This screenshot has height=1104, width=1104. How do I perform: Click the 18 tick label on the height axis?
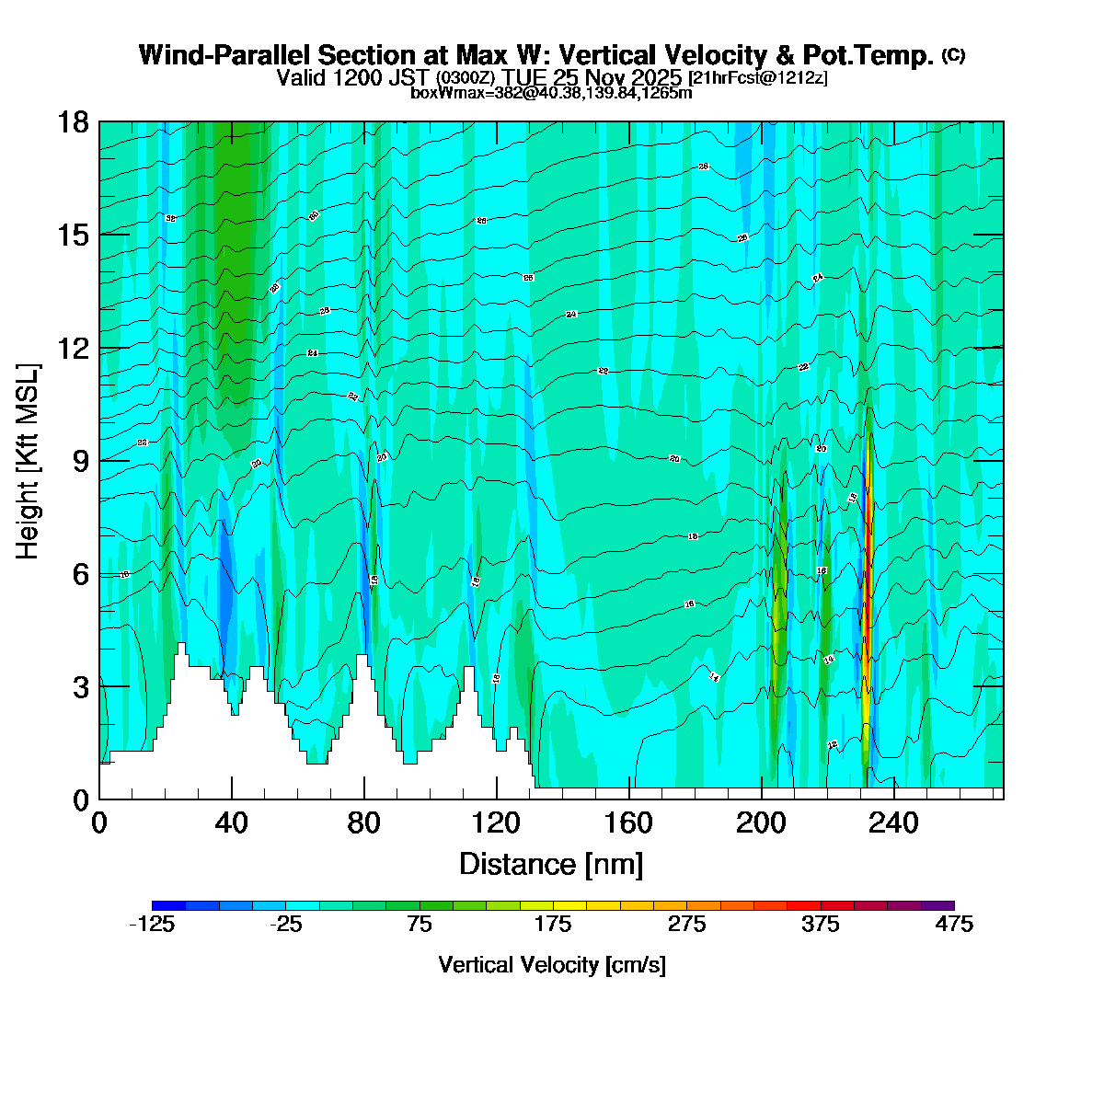(x=75, y=122)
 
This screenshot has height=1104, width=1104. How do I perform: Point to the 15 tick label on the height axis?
(x=75, y=236)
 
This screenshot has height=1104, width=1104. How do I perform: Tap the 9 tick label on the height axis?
(x=81, y=462)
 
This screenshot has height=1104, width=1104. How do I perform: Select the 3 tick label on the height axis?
(x=81, y=687)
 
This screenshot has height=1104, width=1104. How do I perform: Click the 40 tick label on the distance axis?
(x=232, y=822)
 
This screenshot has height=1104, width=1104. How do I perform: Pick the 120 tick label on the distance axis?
(x=497, y=822)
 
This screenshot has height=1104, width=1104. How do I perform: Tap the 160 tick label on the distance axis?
(x=629, y=822)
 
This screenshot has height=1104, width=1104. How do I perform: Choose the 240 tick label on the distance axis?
(x=894, y=822)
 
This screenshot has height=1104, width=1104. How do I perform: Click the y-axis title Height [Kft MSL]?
(x=29, y=461)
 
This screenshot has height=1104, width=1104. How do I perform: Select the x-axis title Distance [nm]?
(x=551, y=865)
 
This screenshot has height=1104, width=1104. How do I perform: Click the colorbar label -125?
(x=152, y=925)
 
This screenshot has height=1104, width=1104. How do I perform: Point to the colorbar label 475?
(x=954, y=925)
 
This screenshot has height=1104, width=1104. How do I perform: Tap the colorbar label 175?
(x=553, y=925)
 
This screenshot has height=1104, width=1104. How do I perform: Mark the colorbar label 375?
(x=821, y=925)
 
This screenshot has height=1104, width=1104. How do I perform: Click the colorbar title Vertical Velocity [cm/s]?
(x=552, y=965)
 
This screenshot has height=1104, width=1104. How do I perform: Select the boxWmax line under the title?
(x=551, y=92)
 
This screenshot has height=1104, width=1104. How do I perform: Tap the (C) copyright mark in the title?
(x=953, y=55)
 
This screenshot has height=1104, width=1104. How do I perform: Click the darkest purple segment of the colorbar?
(x=937, y=905)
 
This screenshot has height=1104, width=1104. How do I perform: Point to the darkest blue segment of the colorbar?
(x=168, y=905)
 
